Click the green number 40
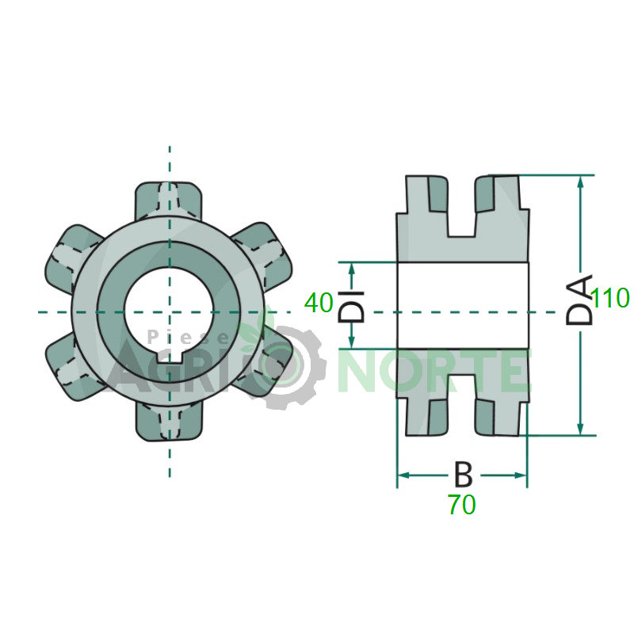[319, 303]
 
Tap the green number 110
[610, 298]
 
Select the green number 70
[461, 505]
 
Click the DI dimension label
[351, 307]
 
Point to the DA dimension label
[579, 300]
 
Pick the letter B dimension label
[464, 474]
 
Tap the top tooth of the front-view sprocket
[168, 201]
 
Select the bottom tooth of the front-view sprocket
[168, 422]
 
